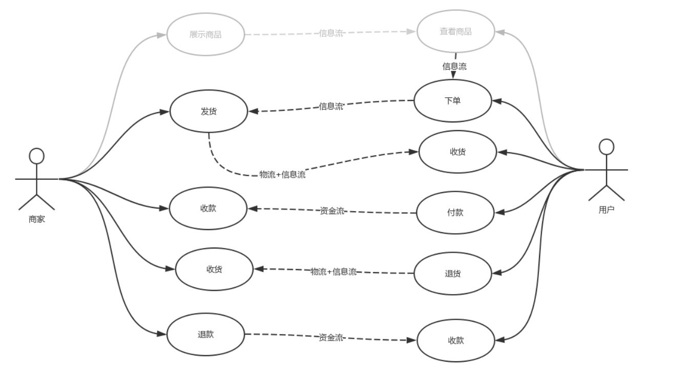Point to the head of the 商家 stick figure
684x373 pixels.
point(37,156)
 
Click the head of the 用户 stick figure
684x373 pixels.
point(607,147)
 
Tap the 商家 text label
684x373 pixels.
point(37,219)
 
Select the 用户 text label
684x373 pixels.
point(607,210)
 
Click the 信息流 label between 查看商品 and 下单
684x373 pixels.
point(454,67)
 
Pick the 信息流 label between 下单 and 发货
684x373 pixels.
point(331,106)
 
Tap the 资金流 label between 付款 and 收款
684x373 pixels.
point(332,211)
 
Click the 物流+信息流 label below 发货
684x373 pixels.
point(282,175)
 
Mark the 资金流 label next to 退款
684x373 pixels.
point(331,337)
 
